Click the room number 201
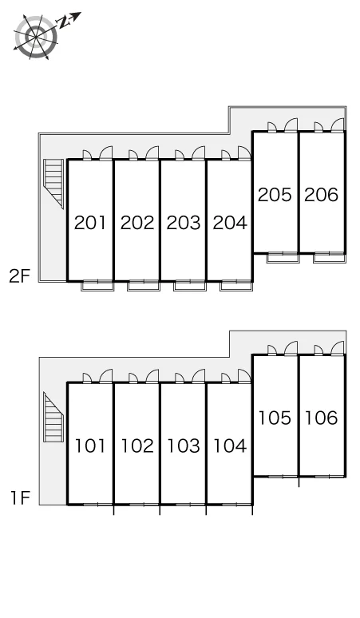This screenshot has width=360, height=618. click(x=90, y=223)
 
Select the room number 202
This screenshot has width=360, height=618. click(x=137, y=223)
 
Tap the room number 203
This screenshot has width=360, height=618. click(x=184, y=223)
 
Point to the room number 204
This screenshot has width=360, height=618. click(x=230, y=223)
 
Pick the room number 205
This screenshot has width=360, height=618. click(x=275, y=195)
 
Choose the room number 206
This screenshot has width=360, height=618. click(x=322, y=195)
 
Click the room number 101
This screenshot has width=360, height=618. click(x=90, y=446)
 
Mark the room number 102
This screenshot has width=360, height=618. click(x=137, y=446)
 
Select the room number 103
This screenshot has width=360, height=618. click(x=184, y=446)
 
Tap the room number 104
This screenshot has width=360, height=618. click(x=230, y=446)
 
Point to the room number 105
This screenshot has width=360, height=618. click(x=275, y=418)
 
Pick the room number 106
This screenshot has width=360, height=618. click(x=322, y=418)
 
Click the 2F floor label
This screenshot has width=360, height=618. click(x=20, y=276)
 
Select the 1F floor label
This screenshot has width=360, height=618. click(x=21, y=498)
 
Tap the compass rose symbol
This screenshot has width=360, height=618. click(x=36, y=37)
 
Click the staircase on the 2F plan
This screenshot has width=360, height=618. click(x=53, y=184)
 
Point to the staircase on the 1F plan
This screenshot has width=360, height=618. click(x=53, y=417)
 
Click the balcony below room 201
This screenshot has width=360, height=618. click(x=97, y=286)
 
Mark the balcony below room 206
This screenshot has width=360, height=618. click(x=330, y=258)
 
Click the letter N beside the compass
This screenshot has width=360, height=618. click(x=64, y=23)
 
